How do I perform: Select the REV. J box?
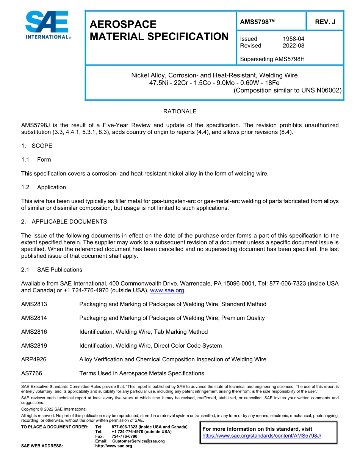pyautogui.click(x=325, y=22)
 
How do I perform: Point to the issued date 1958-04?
pyautogui.click(x=293, y=39)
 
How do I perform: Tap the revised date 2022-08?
pyautogui.click(x=293, y=45)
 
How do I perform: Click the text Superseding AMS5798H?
pyautogui.click(x=272, y=59)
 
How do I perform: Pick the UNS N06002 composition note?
pyautogui.click(x=288, y=90)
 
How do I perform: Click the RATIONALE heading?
pyautogui.click(x=180, y=111)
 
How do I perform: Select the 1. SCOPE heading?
pyautogui.click(x=37, y=146)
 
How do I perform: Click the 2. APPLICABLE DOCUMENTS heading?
pyautogui.click(x=64, y=221)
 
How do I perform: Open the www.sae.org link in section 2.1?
pyautogui.click(x=167, y=291)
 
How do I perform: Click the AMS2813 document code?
pyautogui.click(x=34, y=304)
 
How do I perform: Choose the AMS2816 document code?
pyautogui.click(x=34, y=332)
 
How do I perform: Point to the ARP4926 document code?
pyautogui.click(x=34, y=359)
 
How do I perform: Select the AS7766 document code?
pyautogui.click(x=32, y=373)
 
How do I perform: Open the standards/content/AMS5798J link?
pyautogui.click(x=262, y=436)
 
